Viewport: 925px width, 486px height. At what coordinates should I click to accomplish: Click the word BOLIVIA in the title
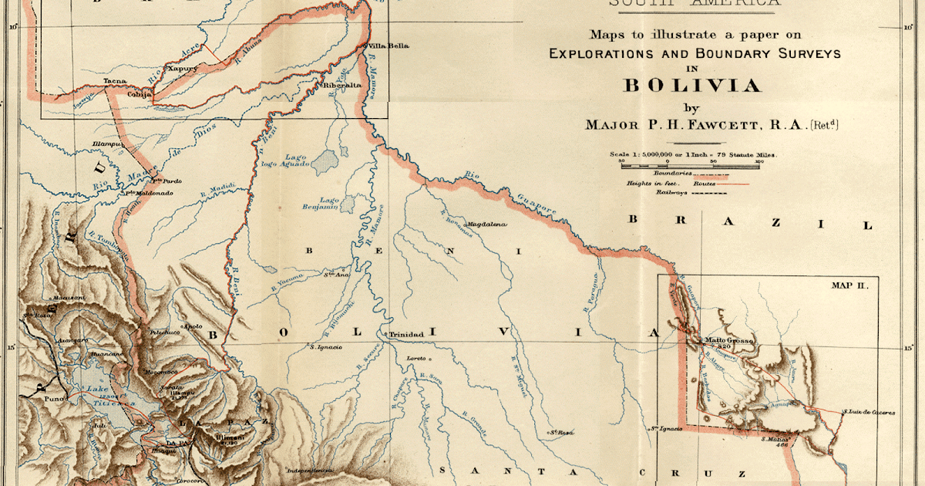tap(691, 86)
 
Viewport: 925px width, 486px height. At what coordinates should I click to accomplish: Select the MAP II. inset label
tap(849, 285)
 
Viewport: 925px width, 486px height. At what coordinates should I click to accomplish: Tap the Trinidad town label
tap(406, 334)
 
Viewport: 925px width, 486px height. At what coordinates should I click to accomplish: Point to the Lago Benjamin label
tap(330, 204)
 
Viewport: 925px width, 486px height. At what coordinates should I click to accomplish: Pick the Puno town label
tap(54, 400)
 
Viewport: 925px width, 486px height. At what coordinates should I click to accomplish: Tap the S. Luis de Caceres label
tap(869, 413)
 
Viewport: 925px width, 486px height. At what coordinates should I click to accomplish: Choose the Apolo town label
tap(192, 326)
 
